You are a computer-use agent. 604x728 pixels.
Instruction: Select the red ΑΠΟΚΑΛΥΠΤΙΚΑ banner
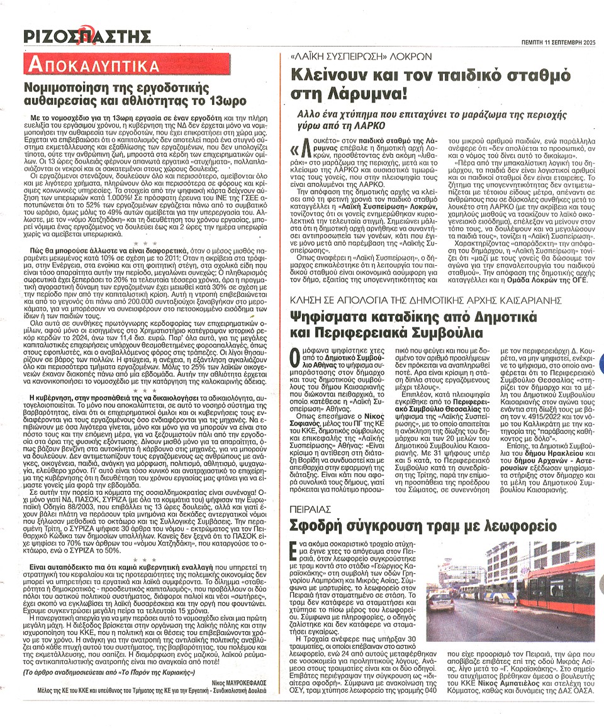pyautogui.click(x=91, y=65)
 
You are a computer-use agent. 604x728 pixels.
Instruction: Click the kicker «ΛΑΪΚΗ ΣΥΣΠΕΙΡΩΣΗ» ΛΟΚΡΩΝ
pyautogui.click(x=352, y=57)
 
